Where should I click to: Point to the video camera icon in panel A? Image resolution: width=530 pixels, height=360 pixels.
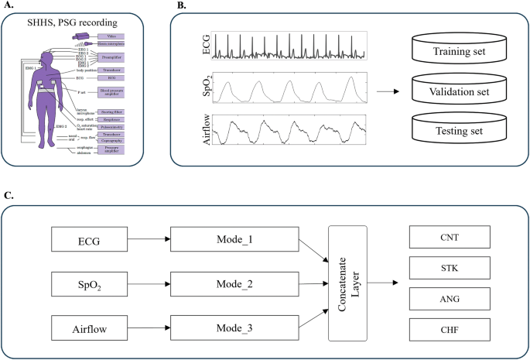(80, 36)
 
